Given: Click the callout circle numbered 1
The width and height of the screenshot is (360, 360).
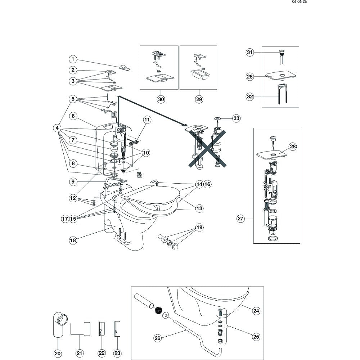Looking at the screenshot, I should pos(73,59).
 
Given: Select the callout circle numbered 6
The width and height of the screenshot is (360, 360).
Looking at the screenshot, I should pos(73,116).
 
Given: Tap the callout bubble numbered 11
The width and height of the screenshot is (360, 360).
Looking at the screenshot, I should pos(147,120).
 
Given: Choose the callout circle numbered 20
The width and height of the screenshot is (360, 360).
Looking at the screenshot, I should pos(58,354).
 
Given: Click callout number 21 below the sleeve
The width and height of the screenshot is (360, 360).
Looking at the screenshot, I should pos(80,354).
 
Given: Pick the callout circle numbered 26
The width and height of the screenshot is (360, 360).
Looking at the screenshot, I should pos(157,338).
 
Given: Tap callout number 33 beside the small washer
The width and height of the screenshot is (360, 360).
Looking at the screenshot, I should pos(236,118).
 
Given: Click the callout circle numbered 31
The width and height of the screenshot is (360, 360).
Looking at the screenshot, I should pos(249,53).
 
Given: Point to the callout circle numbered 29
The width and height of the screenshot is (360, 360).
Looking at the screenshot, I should pos(199,99).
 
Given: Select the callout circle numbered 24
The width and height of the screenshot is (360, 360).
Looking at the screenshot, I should pos(256,311).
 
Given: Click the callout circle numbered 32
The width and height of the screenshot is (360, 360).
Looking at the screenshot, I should pos(249,96).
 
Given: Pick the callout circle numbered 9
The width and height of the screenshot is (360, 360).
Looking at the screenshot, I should pos(73,182).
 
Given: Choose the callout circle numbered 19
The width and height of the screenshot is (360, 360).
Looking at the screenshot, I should pos(199,228).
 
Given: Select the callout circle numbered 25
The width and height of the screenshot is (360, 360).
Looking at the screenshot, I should pos(256,337).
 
